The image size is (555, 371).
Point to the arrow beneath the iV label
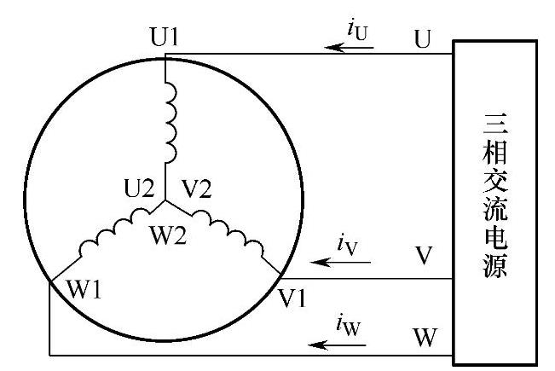(x=343, y=263)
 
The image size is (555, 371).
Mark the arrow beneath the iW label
(x=338, y=345)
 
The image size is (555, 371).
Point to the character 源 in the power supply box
(x=494, y=268)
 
